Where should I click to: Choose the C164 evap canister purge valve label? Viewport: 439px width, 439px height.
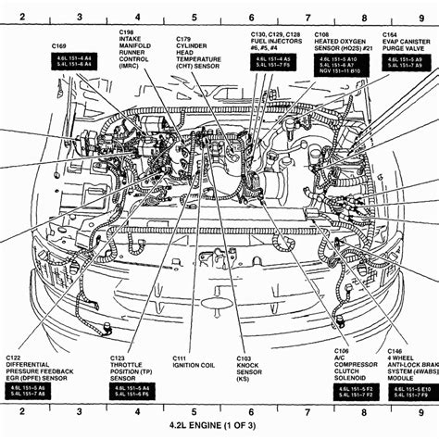click(x=404, y=44)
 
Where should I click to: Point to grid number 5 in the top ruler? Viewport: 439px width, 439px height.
click(x=194, y=18)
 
